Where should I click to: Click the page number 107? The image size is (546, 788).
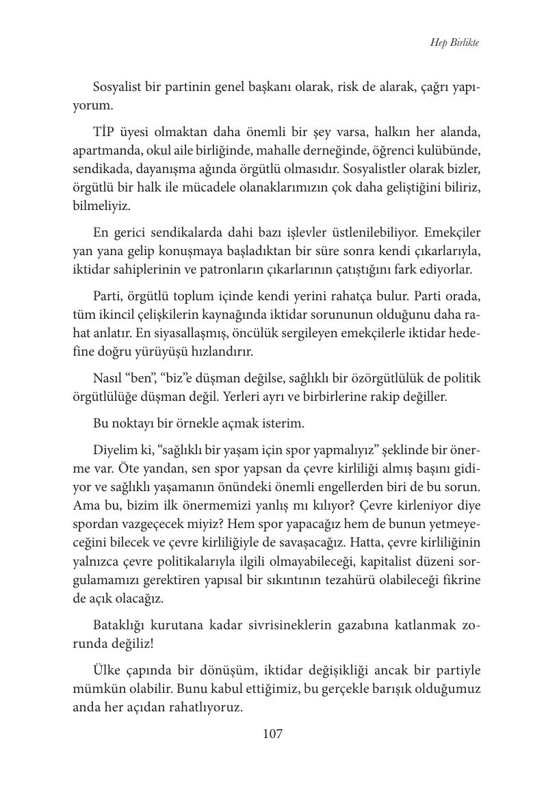point(272,734)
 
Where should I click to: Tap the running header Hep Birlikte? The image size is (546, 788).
point(454,42)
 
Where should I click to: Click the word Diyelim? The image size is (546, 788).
point(114,450)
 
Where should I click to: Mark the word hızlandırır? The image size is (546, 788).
point(221,352)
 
